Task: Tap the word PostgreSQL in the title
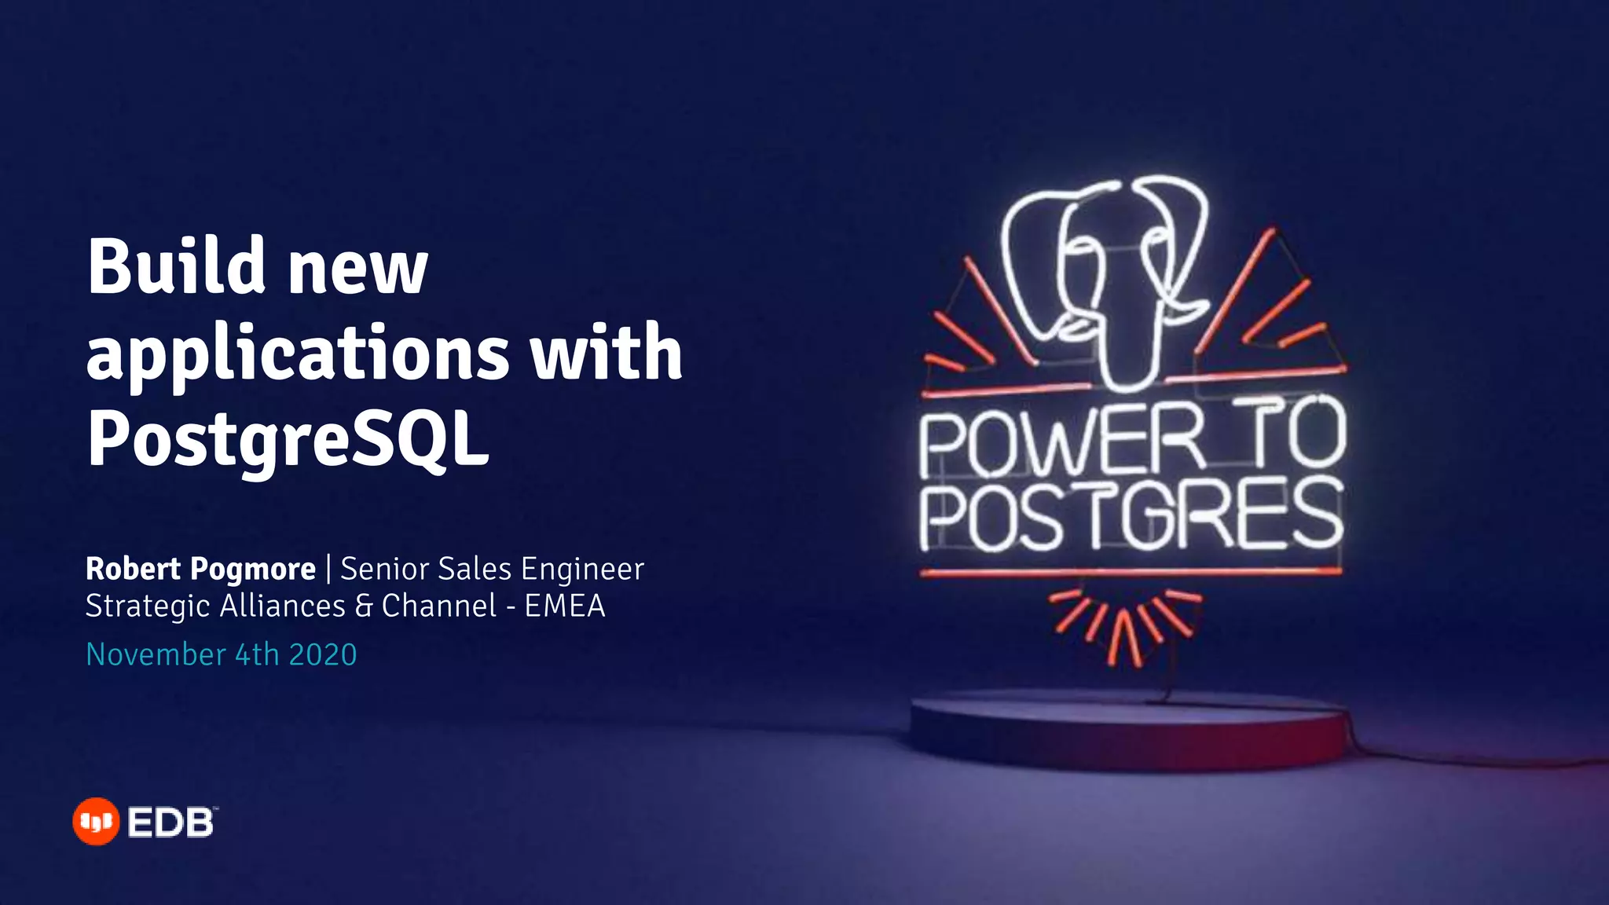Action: [x=288, y=438]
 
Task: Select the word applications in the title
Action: [x=298, y=354]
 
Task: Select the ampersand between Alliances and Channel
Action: [x=364, y=606]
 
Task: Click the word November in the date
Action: [x=156, y=654]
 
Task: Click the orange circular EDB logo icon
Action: [x=96, y=822]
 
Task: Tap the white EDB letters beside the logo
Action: [x=170, y=823]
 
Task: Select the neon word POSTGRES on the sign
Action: [x=1131, y=516]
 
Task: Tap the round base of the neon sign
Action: [x=1130, y=727]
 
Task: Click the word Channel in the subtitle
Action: [x=438, y=606]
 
